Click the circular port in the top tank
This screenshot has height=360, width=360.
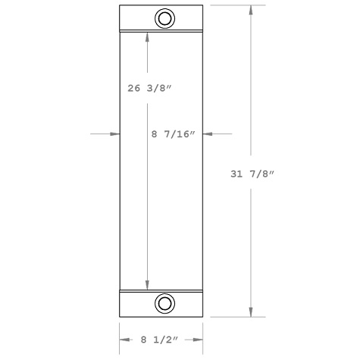click(x=164, y=18)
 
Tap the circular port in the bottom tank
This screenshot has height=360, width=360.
click(x=164, y=304)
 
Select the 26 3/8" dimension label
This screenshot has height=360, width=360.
click(x=150, y=88)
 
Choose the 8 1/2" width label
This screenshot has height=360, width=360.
click(x=161, y=339)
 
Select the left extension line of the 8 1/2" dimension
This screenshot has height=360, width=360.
click(x=120, y=333)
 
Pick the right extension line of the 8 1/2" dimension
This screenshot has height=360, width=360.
click(x=203, y=333)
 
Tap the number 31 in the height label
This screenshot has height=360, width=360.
click(x=236, y=174)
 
